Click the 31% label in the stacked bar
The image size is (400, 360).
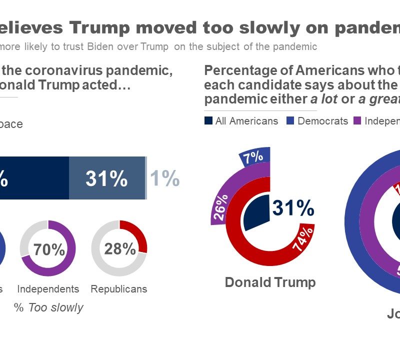click(106, 178)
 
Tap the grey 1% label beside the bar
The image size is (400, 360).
click(164, 178)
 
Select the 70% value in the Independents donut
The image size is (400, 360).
click(49, 249)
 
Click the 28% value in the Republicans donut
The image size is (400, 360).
click(120, 248)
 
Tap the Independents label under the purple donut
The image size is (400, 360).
click(48, 289)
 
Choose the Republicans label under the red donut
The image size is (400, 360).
click(119, 289)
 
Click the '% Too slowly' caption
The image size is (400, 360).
click(48, 307)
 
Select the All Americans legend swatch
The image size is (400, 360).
click(208, 120)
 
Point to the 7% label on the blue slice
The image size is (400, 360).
click(253, 157)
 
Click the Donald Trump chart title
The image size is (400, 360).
click(270, 282)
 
